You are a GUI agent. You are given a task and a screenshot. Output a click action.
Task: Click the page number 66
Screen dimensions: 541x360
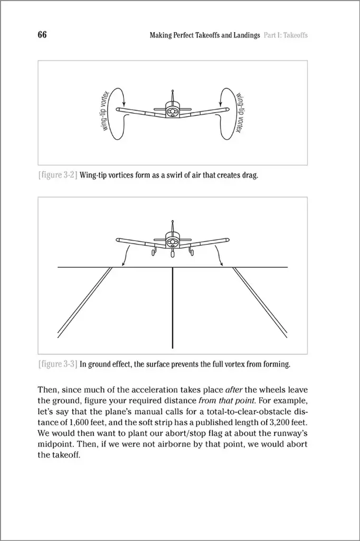(42, 35)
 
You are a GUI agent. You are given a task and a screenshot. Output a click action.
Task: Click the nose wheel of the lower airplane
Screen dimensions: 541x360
(173, 254)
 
